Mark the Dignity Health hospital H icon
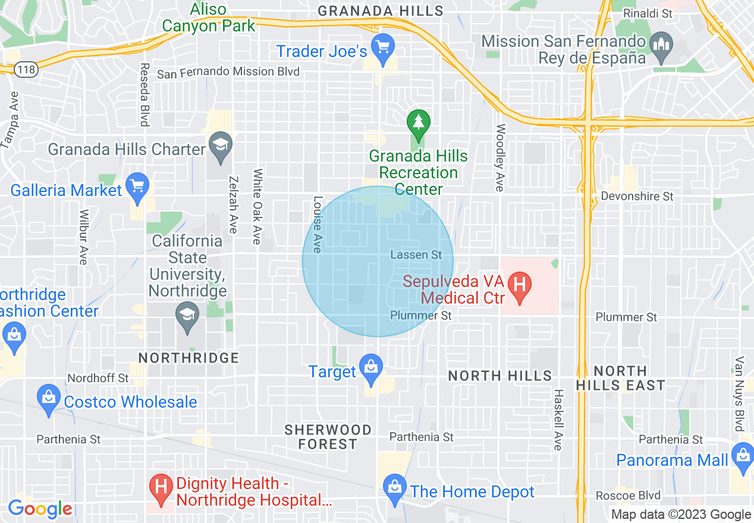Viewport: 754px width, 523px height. click(161, 487)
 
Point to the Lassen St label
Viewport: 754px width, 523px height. click(416, 255)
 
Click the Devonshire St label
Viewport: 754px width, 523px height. click(637, 196)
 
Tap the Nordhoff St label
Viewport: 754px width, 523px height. click(98, 378)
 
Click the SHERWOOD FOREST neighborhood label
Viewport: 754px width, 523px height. click(328, 437)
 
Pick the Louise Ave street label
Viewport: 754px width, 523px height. click(318, 224)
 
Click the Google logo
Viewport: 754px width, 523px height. click(40, 509)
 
